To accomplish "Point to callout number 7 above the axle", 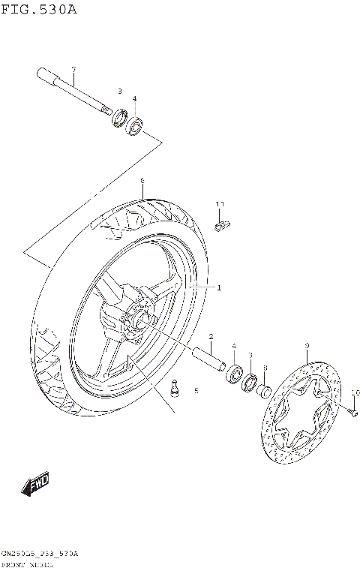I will coord(73,70).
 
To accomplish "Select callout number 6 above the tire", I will coord(142,181).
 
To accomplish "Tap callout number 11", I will coord(220,204).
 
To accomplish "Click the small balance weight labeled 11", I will coord(222,224).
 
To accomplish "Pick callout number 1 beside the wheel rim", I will coord(219,287).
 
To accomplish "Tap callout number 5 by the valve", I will coord(196,391).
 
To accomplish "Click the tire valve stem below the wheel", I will coord(175,389).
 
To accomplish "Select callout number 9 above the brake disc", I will coord(307,346).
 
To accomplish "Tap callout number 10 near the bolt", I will coord(355,392).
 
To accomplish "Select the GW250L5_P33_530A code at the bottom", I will coord(39,552).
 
